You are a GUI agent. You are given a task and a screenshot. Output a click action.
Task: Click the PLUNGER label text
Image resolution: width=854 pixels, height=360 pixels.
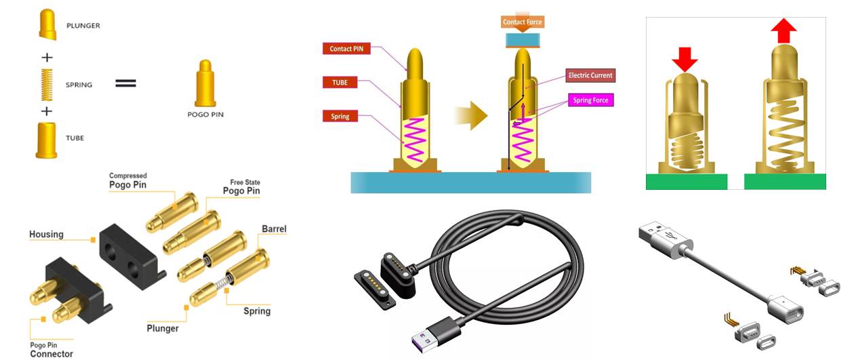(84, 25)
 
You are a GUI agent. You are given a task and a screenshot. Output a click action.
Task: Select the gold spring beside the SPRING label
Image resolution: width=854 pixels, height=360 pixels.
(47, 85)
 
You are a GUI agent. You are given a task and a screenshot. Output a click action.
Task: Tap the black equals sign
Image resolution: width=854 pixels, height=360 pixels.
(126, 83)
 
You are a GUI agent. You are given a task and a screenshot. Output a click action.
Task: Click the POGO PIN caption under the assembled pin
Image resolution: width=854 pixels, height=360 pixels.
(205, 115)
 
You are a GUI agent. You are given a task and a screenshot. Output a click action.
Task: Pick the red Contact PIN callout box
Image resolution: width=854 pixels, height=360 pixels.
(347, 49)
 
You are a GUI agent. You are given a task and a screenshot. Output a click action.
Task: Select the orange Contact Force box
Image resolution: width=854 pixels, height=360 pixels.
(523, 22)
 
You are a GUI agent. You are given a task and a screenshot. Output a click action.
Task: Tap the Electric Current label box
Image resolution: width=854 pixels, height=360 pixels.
(591, 75)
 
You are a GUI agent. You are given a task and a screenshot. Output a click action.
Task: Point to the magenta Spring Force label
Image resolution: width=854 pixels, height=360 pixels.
(591, 100)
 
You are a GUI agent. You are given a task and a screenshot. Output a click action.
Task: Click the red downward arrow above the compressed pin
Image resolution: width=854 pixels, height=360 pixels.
(685, 59)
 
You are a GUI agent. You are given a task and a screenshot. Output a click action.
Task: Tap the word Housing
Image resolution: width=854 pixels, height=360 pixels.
(46, 235)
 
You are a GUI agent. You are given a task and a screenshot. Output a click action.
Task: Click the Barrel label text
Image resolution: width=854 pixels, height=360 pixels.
(274, 229)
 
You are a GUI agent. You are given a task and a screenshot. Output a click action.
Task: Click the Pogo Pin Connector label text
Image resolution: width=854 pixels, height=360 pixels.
(52, 349)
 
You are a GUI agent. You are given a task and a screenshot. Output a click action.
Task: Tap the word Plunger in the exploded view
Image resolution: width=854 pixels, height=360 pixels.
(163, 328)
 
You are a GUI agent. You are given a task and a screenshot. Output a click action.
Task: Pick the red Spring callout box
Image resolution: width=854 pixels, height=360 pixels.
(340, 117)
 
